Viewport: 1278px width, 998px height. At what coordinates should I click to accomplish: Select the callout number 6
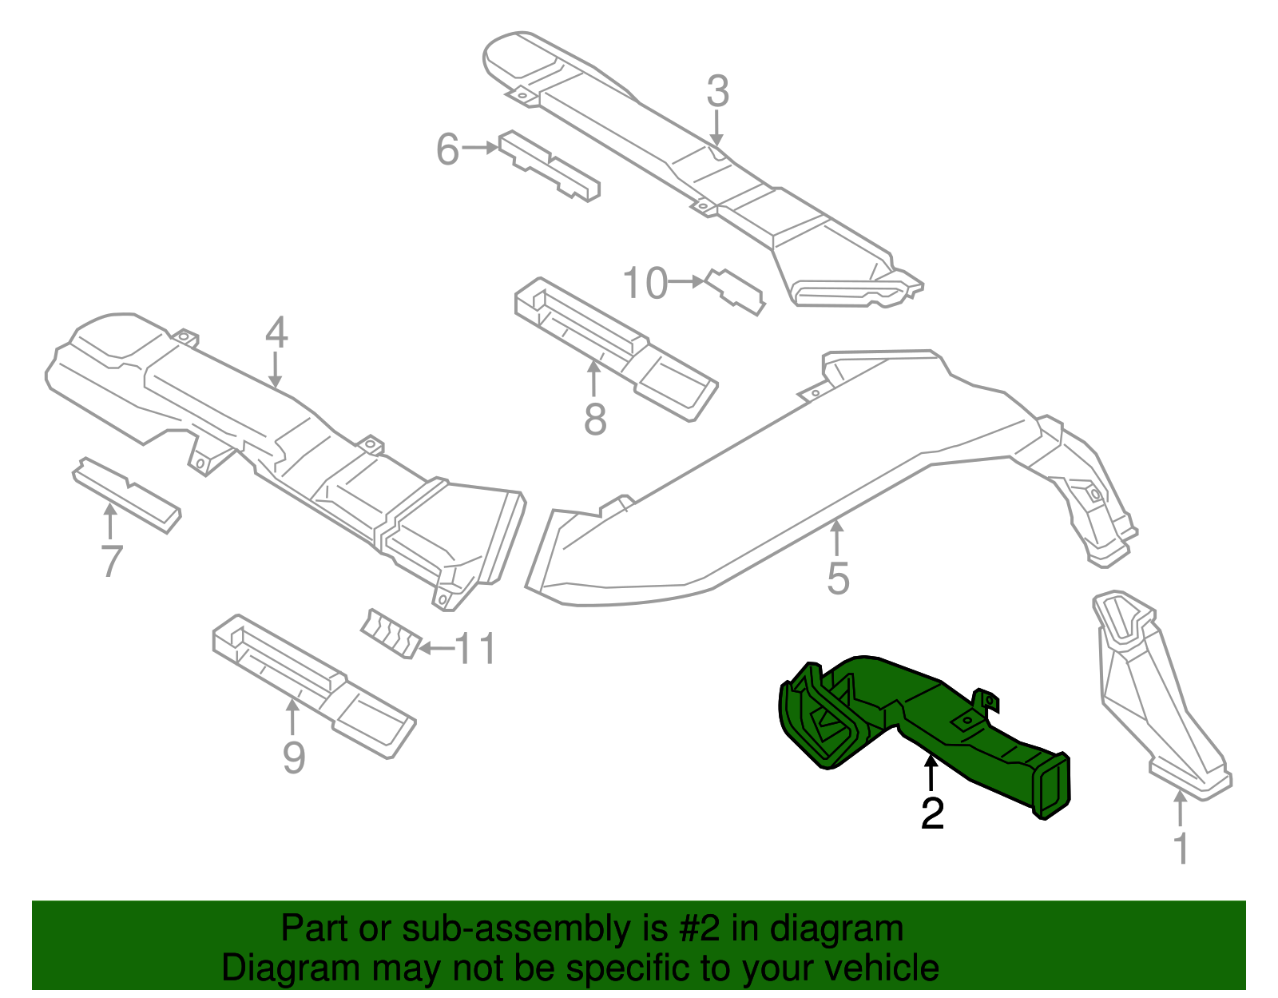coord(447,149)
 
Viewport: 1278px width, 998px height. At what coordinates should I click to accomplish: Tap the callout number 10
coord(645,284)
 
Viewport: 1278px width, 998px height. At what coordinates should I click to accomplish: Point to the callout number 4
coord(276,332)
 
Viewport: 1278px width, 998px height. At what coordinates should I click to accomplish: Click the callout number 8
coord(595,419)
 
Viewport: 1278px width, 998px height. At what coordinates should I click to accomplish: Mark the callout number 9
coord(293,757)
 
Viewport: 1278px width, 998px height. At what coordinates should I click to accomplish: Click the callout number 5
coord(837,578)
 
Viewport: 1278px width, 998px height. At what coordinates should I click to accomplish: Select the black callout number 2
coord(932,813)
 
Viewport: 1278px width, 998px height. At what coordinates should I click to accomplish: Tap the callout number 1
coord(1181,849)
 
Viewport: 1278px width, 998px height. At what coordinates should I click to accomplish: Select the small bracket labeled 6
coord(550,166)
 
